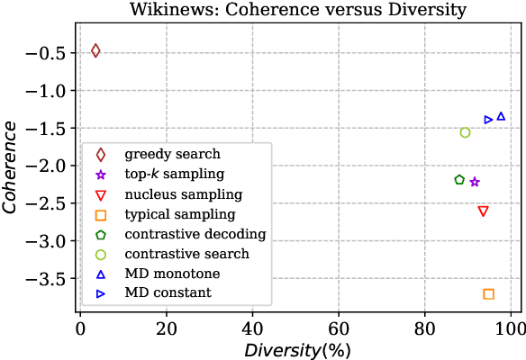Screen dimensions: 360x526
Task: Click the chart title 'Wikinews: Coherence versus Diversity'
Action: point(297,10)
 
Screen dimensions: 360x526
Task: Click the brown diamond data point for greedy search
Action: point(95,50)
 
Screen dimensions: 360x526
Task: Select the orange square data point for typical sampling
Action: point(488,294)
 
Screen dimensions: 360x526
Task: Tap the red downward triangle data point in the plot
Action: point(483,211)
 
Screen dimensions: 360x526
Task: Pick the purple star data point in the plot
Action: point(475,182)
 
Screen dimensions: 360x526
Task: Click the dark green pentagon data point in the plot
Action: point(459,180)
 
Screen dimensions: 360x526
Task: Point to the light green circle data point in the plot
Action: point(465,132)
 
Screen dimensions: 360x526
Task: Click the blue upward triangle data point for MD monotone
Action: point(501,116)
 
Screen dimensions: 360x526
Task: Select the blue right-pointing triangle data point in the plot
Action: point(488,120)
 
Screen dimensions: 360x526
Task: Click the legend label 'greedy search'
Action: point(172,155)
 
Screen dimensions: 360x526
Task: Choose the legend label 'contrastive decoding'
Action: point(195,234)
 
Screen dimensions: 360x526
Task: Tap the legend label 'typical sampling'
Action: point(180,214)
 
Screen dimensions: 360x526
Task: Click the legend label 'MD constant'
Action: point(168,292)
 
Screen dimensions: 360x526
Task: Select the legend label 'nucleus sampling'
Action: point(184,194)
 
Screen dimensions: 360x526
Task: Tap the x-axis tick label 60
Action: point(339,329)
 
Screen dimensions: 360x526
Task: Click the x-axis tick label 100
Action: point(511,329)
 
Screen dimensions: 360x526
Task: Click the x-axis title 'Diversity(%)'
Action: point(297,349)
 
